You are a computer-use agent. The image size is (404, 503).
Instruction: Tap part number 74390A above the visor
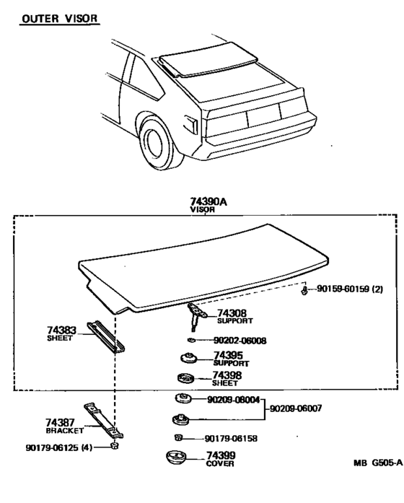(208, 201)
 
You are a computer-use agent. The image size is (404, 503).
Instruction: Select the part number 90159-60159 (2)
(350, 289)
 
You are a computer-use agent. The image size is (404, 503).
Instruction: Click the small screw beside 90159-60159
(304, 291)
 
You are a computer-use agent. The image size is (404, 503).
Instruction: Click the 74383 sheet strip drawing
(106, 337)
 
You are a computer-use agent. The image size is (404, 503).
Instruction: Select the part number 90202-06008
(240, 341)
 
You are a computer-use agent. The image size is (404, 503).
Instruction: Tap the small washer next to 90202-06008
(191, 340)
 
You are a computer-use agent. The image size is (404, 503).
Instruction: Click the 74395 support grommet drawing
(188, 358)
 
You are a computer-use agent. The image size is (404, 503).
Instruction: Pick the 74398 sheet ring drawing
(186, 378)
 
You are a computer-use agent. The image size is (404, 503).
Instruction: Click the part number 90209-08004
(234, 400)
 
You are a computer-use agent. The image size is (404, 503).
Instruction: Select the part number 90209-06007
(296, 408)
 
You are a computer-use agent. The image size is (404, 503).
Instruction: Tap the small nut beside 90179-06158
(178, 437)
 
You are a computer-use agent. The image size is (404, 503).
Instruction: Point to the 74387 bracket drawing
(104, 421)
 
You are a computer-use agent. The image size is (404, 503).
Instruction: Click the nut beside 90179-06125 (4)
(114, 445)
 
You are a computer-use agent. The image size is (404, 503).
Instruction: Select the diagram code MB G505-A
(378, 463)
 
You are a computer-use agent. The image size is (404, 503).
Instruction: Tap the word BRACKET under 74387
(65, 431)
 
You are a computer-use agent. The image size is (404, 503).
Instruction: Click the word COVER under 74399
(220, 463)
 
